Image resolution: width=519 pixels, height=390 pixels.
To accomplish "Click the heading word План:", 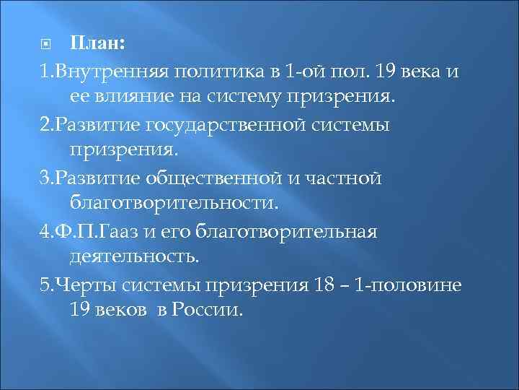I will pyautogui.click(x=99, y=44).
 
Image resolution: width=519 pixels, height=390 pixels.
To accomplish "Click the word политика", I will pyautogui.click(x=198, y=71).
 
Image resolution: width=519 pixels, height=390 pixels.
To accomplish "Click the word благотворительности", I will pyautogui.click(x=173, y=204).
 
